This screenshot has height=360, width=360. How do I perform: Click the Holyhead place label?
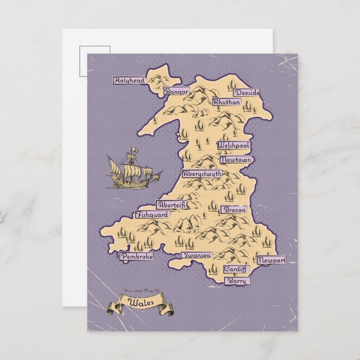click(129, 80)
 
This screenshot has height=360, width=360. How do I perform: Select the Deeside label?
click(247, 92)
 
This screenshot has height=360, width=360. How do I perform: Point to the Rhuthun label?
click(226, 102)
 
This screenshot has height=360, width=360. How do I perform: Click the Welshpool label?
click(234, 145)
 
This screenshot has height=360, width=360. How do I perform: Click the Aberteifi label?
click(172, 205)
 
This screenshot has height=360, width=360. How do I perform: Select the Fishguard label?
click(152, 214)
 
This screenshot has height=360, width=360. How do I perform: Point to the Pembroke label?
click(137, 256)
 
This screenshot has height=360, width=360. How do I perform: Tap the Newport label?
click(272, 260)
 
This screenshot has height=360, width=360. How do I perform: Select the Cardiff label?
click(235, 269)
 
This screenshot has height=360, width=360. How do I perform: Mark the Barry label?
click(238, 281)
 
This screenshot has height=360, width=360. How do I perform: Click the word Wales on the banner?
click(139, 302)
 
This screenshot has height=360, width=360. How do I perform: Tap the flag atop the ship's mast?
click(135, 149)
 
